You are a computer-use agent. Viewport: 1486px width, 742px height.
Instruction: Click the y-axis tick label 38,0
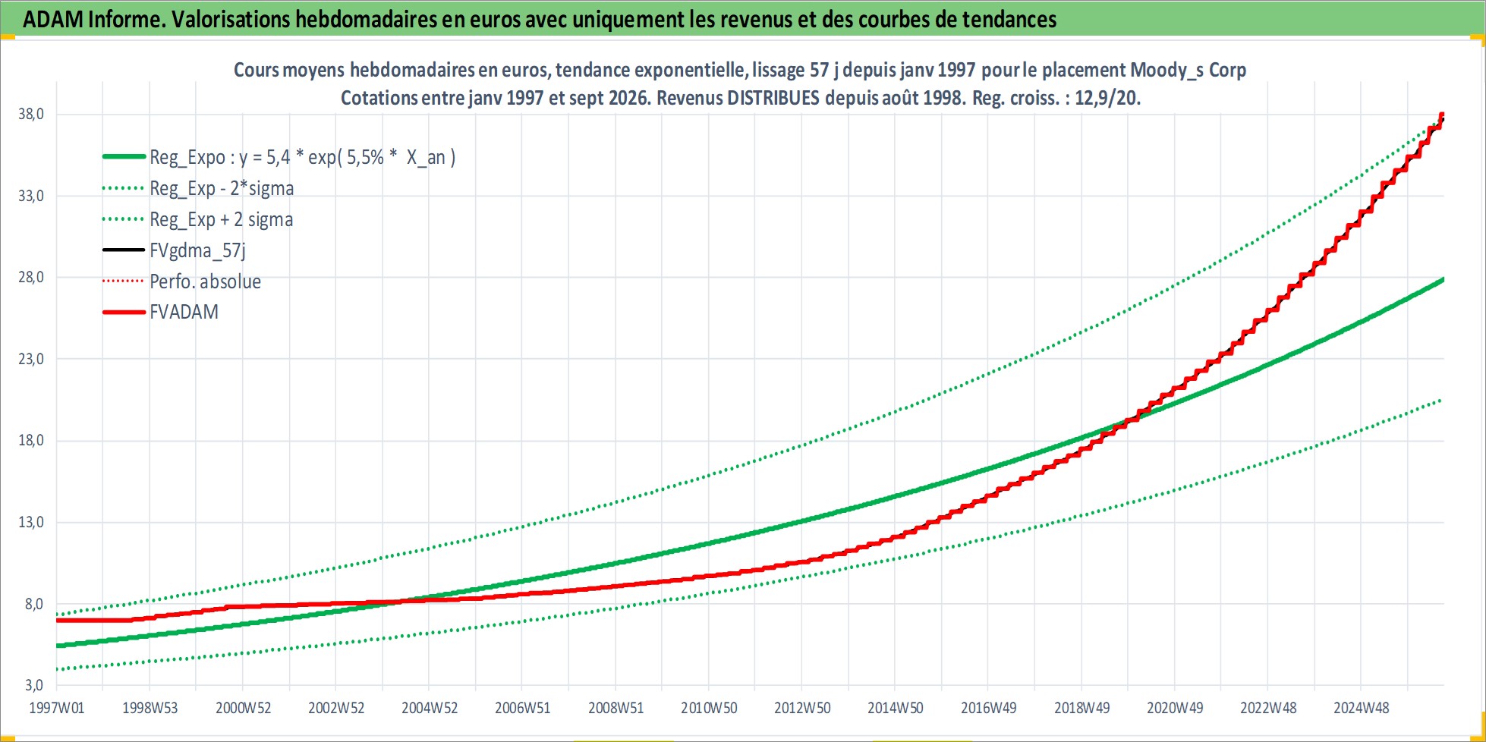coord(31,114)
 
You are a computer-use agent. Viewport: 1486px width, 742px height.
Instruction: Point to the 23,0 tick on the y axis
coord(31,359)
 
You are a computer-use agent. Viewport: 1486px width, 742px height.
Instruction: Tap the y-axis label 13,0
coord(31,522)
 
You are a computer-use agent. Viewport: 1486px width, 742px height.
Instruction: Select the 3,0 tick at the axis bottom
coord(34,685)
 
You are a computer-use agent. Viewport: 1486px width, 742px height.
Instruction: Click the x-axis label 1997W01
coord(57,708)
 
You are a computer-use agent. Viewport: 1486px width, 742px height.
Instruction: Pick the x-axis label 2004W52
coord(430,708)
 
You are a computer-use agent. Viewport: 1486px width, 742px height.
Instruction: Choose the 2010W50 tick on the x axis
coord(709,708)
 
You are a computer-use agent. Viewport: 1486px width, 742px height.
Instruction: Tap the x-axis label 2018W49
coord(1081,708)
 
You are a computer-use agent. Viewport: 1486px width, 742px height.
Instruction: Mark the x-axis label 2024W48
coord(1362,708)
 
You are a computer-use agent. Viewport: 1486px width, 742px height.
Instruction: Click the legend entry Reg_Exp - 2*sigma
coord(222,188)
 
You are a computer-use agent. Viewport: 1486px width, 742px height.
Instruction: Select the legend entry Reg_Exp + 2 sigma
coord(221,219)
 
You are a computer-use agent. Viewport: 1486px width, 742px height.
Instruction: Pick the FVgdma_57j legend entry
coord(197,250)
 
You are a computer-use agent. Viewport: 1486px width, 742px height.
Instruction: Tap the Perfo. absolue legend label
coord(205,281)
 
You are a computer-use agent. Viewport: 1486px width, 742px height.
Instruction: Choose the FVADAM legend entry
coord(184,312)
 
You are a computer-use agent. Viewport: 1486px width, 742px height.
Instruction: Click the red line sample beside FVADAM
coord(124,312)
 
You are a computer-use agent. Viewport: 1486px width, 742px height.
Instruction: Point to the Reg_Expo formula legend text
coord(303,157)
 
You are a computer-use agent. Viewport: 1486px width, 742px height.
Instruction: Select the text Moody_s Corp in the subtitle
coord(1188,70)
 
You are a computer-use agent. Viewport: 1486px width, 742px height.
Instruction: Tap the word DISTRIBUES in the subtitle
coord(773,98)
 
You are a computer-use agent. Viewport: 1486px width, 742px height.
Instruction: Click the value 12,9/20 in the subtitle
coord(1107,98)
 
